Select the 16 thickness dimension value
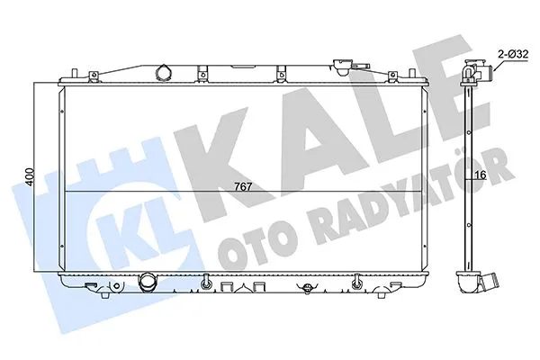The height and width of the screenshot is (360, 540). [x=481, y=176]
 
